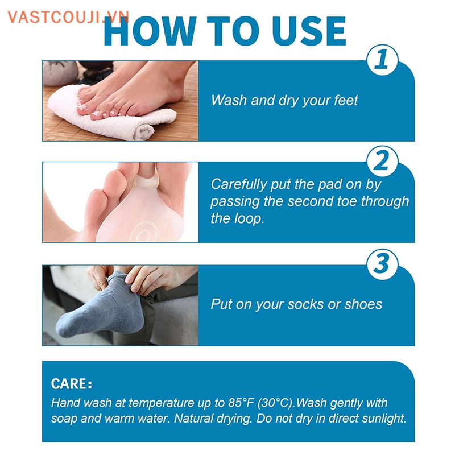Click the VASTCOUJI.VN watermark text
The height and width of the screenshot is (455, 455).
coord(68,17)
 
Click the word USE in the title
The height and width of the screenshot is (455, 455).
coord(309,31)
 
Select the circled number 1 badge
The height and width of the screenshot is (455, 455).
coord(382,60)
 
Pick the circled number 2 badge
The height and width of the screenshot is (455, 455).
coord(382,161)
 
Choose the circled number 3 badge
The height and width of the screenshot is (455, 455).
coord(382,264)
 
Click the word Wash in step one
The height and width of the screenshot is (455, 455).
coord(229,101)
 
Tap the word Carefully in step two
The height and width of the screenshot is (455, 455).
coord(239,185)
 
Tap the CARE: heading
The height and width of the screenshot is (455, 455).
coord(72,383)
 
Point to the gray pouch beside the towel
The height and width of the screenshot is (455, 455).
coord(60,73)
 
